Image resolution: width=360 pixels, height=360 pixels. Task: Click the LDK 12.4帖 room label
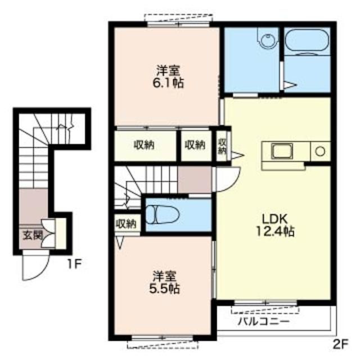coord(275,226)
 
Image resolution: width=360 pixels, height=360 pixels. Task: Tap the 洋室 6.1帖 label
coord(168,76)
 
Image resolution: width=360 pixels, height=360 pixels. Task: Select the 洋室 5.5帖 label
coord(164,282)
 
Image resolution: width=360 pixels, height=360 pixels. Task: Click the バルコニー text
coord(263,321)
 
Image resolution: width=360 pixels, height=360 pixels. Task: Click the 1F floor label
coord(75,264)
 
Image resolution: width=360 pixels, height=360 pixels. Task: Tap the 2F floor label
coord(340,344)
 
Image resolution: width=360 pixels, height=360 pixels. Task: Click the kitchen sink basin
coord(282,151)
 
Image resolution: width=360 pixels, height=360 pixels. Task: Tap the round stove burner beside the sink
coord(320,151)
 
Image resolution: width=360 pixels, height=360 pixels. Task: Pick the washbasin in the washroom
coord(268,38)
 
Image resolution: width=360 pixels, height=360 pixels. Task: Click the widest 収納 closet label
coord(144,145)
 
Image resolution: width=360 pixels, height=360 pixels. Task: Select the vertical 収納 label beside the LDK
coord(222,146)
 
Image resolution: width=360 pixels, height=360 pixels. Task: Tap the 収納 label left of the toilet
coord(126,223)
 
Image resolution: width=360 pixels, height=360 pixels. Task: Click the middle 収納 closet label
coord(195,145)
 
